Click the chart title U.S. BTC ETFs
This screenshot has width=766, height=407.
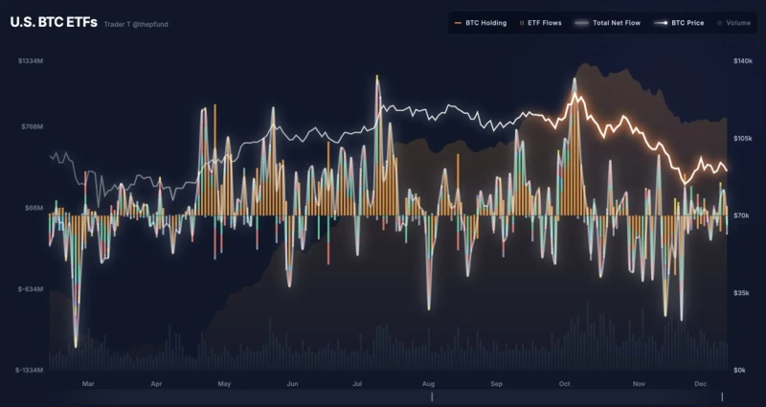[54, 22]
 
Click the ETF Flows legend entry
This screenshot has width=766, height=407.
[542, 22]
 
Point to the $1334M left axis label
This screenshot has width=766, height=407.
[31, 61]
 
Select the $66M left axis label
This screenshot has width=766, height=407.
[34, 207]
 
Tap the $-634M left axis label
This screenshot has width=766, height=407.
[32, 288]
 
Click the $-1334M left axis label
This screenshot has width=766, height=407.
[30, 370]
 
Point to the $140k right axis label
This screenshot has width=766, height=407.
[742, 61]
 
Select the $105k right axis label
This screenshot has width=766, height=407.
[742, 139]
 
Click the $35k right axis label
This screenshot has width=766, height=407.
[743, 293]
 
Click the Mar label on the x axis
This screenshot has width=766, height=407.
[88, 384]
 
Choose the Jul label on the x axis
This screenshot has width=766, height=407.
[356, 384]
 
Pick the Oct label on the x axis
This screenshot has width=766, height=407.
[564, 384]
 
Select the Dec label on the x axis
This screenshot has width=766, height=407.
[700, 384]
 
